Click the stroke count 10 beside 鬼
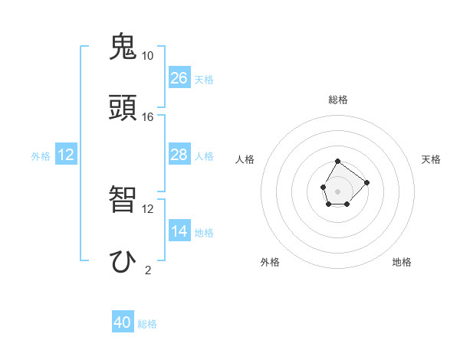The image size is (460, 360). tap(147, 56)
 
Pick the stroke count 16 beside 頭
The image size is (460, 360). tap(147, 116)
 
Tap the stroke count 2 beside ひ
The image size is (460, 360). tap(147, 270)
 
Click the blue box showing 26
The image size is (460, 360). tap(179, 78)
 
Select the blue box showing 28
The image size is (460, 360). tap(179, 155)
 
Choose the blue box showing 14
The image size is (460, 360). tap(179, 231)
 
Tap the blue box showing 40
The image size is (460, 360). tap(123, 322)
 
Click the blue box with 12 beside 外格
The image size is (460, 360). tap(66, 155)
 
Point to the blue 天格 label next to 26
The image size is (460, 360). tap(204, 80)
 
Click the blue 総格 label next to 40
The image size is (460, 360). tap(147, 324)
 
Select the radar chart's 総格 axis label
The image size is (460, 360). tap(338, 100)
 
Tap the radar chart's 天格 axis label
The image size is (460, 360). tap(431, 159)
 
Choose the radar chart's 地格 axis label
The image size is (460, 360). tap(402, 262)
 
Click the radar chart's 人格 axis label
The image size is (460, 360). tap(245, 159)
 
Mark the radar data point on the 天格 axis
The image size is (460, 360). tap(367, 182)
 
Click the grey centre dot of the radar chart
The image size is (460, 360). tap(338, 190)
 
